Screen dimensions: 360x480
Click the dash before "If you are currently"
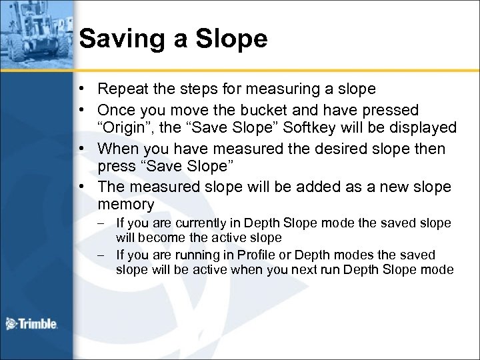[x=103, y=221]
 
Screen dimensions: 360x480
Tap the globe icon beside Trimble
[x=11, y=324]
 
